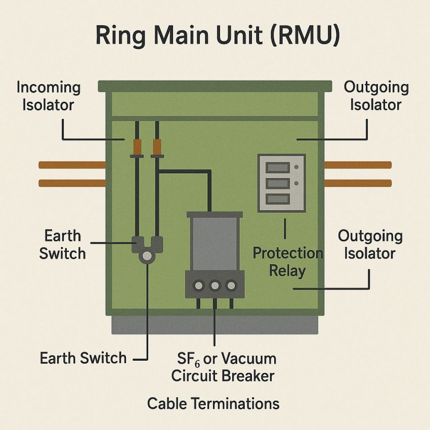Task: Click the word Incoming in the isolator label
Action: [x=49, y=87]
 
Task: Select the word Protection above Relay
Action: [x=287, y=253]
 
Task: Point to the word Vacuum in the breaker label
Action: [x=248, y=359]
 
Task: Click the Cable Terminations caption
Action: [x=213, y=403]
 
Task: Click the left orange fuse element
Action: [x=137, y=147]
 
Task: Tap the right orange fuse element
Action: [x=157, y=147]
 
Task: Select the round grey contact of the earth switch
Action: [x=147, y=256]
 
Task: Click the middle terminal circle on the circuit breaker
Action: [x=214, y=286]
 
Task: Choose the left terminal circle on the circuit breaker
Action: [x=199, y=286]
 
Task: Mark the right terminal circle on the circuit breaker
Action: [x=231, y=286]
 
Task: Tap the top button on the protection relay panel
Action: [x=277, y=167]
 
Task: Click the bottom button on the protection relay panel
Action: [x=277, y=198]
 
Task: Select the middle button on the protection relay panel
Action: [x=277, y=183]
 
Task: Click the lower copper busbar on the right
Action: [x=358, y=183]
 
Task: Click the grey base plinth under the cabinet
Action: [x=214, y=324]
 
